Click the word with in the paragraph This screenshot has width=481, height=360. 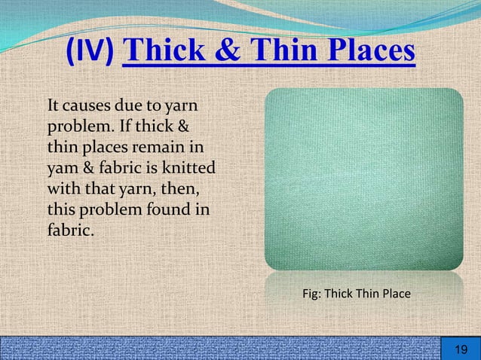coord(63,186)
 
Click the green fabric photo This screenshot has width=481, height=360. coord(363,178)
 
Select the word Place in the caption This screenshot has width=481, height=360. coord(395,293)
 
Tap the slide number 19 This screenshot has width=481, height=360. coord(459,349)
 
